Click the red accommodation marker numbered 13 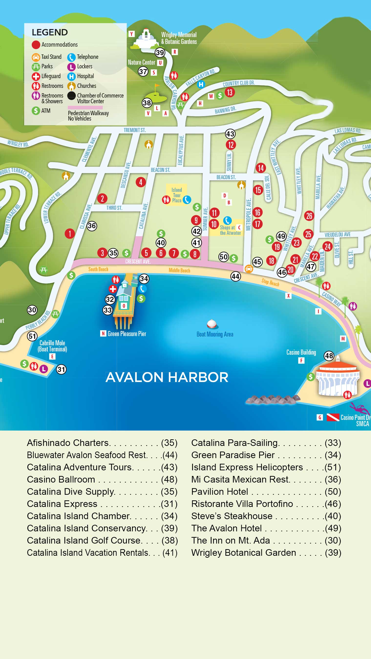tap(229, 92)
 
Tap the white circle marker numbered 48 tap(329, 356)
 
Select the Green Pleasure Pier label tap(127, 334)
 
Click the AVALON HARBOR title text tap(167, 377)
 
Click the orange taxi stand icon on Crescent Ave tap(249, 269)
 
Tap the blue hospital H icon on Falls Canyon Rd tap(201, 84)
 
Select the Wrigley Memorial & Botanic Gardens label tap(179, 38)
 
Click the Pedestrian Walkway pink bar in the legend tap(85, 108)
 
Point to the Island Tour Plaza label tap(177, 195)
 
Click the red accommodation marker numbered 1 tap(70, 234)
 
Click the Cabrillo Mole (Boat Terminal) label tap(52, 346)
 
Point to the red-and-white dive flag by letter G tap(333, 417)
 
